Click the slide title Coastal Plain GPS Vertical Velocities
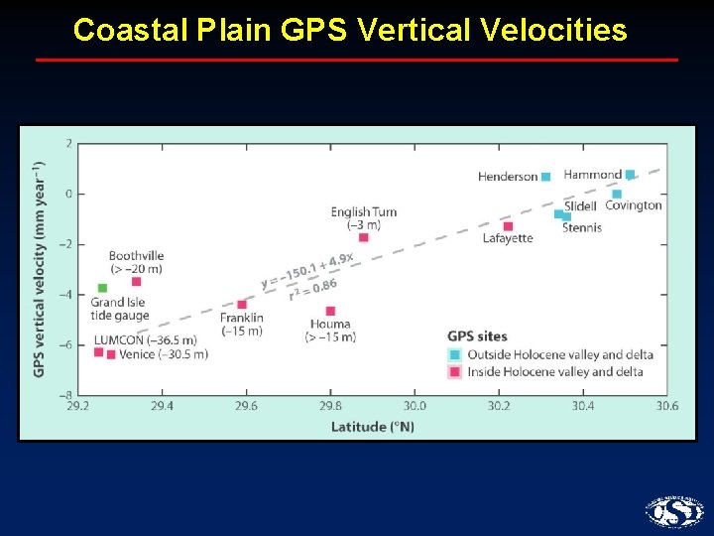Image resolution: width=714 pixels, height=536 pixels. coord(350,31)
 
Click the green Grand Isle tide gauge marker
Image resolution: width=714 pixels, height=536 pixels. coord(101,288)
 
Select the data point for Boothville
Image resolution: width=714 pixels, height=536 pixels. coord(136,282)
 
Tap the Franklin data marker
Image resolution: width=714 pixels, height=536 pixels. coord(242,305)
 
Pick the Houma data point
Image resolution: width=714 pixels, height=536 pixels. coord(330,311)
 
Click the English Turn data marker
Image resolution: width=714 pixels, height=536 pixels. coord(363,237)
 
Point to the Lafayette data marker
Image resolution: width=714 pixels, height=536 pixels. coord(508,226)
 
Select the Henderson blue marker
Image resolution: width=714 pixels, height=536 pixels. coord(545,177)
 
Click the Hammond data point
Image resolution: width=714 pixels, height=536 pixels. coord(630,175)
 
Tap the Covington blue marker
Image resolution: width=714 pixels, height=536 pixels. coord(617,195)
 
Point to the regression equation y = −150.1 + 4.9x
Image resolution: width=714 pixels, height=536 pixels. coord(307,269)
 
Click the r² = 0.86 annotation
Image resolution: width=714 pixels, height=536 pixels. coord(312,289)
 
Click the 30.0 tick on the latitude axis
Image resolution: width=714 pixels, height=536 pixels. coord(415,406)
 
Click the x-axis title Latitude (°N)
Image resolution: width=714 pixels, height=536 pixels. coord(372,427)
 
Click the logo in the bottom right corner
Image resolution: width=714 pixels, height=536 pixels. coord(674,511)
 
